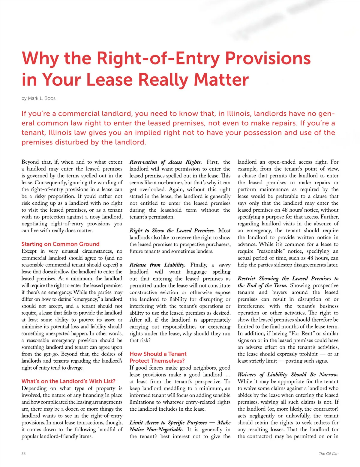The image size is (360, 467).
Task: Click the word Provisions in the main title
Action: [x=268, y=58]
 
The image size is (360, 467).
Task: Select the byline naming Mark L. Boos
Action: [x=38, y=98]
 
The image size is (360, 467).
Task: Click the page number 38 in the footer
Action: [x=24, y=454]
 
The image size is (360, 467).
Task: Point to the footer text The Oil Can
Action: [x=328, y=454]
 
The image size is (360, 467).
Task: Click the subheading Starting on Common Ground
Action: [x=60, y=244]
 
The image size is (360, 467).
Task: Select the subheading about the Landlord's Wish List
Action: [x=68, y=381]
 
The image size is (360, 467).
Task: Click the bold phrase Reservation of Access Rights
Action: [x=166, y=162]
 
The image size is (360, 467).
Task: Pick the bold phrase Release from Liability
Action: [x=157, y=265]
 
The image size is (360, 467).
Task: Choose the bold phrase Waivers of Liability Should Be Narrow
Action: [x=288, y=375]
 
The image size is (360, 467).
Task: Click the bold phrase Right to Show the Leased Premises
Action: [x=172, y=231]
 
